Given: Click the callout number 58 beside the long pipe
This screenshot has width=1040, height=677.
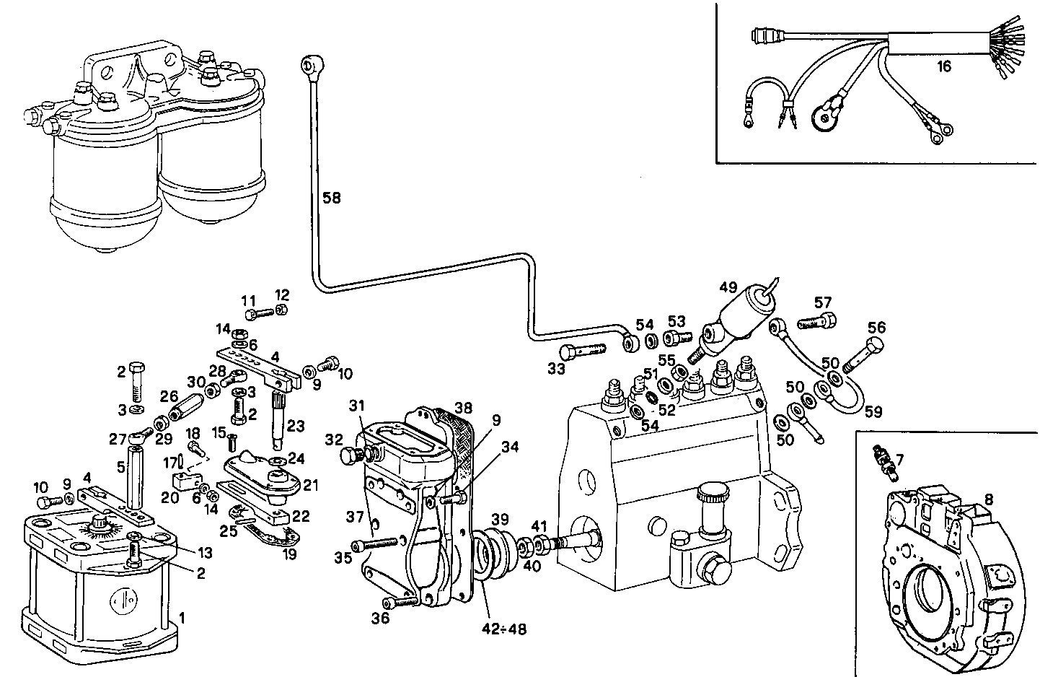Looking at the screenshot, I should [332, 198].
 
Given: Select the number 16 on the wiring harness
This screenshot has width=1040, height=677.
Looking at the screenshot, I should [944, 67].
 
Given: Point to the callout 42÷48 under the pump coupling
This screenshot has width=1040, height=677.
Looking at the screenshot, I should [505, 629].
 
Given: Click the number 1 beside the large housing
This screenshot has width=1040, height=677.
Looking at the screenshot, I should [182, 618].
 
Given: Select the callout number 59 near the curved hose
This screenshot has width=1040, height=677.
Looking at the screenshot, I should [873, 412].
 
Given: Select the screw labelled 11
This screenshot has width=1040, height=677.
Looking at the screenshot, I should [260, 314].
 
